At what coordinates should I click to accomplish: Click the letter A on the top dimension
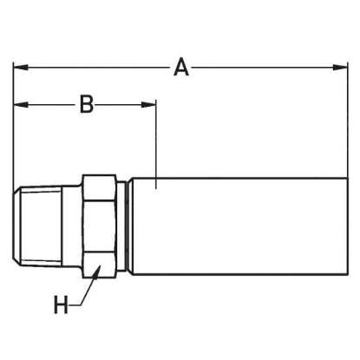(x=181, y=67)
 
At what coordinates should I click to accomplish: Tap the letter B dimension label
(x=87, y=104)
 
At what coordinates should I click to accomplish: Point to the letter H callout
(x=61, y=304)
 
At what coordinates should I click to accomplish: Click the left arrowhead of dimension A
(x=21, y=67)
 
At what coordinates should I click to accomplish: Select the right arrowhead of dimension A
(x=340, y=67)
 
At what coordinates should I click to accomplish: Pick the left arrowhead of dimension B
(x=21, y=104)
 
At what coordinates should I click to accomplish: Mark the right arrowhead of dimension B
(x=148, y=104)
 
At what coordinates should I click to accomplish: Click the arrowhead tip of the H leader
(x=100, y=265)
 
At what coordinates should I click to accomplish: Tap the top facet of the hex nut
(x=99, y=187)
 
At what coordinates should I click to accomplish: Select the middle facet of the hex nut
(x=99, y=226)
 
